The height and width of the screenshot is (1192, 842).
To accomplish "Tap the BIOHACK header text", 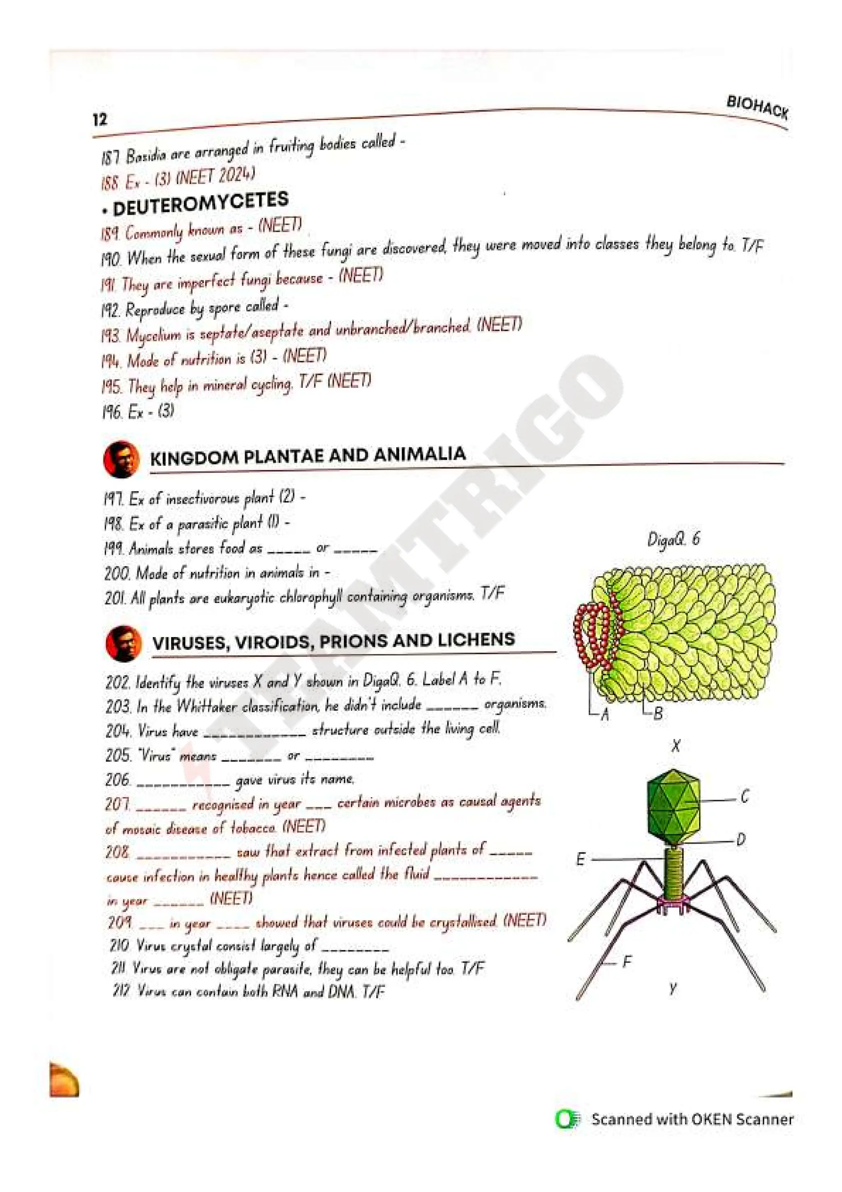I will [757, 107].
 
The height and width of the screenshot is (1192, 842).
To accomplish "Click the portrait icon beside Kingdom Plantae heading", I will [121, 459].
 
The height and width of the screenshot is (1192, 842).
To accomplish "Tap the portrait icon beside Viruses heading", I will [123, 644].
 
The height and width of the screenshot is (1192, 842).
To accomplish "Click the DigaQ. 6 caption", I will [673, 539].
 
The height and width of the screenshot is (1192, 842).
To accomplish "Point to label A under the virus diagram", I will [604, 715].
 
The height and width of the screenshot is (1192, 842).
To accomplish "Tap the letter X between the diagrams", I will [675, 747].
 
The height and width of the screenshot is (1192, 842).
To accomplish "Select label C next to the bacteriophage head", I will [745, 796].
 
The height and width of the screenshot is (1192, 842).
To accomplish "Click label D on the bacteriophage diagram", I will [741, 840].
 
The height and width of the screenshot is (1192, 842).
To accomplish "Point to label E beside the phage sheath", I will [581, 860].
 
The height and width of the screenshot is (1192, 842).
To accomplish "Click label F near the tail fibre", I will [627, 962].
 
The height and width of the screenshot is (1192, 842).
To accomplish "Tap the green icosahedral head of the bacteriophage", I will [674, 806].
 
